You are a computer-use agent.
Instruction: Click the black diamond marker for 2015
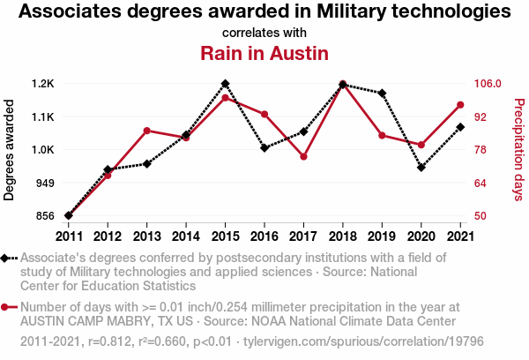pos(225,84)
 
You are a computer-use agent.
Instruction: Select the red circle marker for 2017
pos(303,156)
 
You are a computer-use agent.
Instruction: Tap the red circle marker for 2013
pos(146,131)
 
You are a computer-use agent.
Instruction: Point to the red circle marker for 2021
pos(460,105)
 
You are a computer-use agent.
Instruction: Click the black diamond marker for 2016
pos(264,147)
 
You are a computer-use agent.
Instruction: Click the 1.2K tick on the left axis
pos(42,84)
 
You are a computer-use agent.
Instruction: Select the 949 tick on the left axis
pos(44,183)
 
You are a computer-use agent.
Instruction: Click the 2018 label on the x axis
pos(342,236)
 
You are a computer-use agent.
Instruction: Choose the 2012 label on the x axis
pos(108,236)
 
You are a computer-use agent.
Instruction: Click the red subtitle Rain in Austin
pos(264,53)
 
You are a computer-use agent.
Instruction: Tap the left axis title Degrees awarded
pos(10,150)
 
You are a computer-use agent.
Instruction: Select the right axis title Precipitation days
pos(518,150)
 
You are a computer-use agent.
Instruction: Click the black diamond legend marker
pos(6,258)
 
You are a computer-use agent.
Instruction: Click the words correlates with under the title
pos(264,33)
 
